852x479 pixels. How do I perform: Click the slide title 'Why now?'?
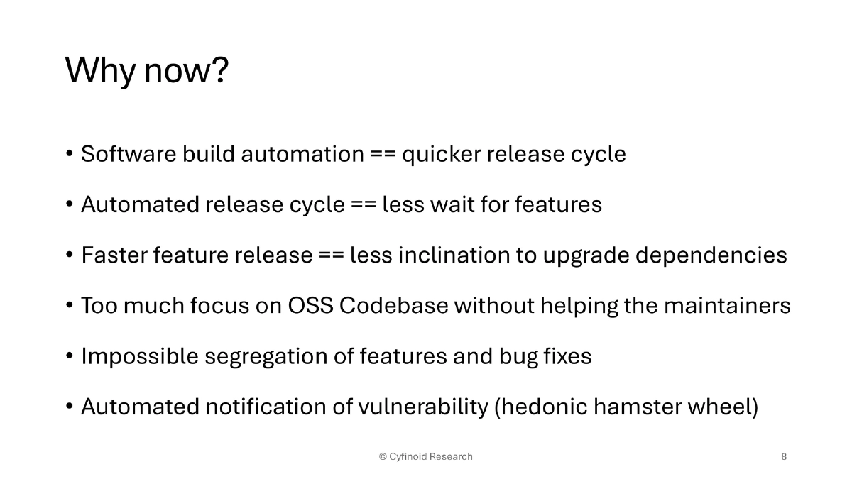tap(147, 70)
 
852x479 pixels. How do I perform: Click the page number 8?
tap(784, 456)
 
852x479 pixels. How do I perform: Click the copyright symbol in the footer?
tap(383, 456)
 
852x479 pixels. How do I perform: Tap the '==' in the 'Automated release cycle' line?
tap(363, 205)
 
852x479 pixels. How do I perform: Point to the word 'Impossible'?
tap(139, 357)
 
